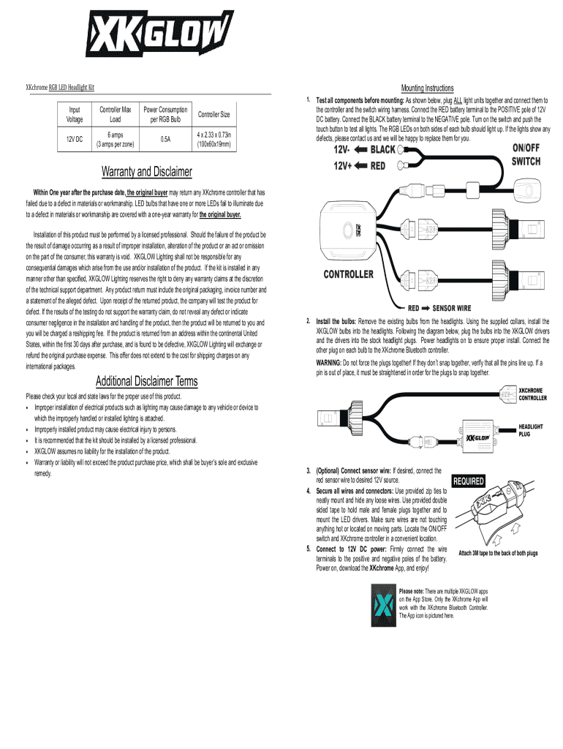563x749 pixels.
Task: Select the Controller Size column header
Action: click(214, 115)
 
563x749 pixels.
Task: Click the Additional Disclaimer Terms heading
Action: click(146, 381)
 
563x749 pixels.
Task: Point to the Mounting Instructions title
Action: click(428, 88)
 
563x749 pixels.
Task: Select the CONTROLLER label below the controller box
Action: click(349, 275)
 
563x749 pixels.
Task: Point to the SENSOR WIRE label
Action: click(451, 308)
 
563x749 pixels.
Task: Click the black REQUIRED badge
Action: click(468, 481)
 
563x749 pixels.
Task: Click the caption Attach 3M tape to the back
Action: click(497, 553)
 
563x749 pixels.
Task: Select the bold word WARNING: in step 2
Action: click(332, 362)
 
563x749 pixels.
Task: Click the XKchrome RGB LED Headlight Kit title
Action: click(60, 89)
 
